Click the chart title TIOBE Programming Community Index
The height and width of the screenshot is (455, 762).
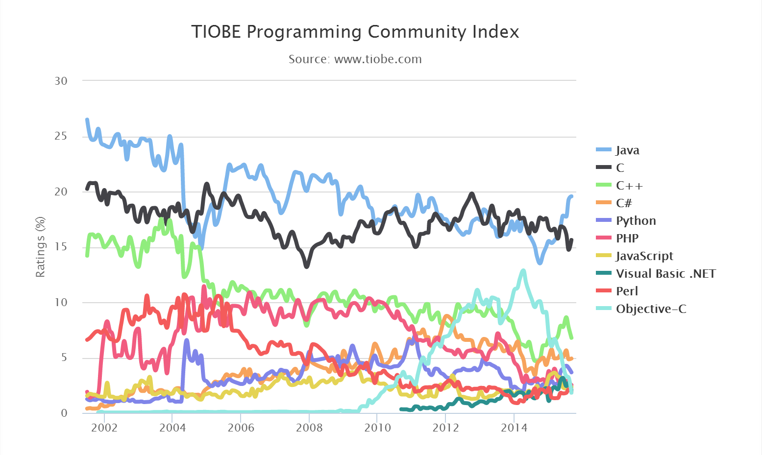355,32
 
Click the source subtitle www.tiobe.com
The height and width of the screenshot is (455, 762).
355,59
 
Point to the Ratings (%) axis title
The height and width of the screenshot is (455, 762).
40,247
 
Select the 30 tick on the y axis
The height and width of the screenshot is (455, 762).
61,81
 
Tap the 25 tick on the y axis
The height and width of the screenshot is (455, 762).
61,136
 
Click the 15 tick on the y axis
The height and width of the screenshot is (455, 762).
61,247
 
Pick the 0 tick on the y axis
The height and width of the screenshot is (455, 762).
64,413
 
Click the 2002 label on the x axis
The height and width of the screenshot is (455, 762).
104,428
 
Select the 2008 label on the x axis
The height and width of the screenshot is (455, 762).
309,428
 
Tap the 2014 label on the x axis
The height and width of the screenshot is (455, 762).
514,428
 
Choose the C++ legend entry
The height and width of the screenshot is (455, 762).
629,186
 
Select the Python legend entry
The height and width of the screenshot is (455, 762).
636,221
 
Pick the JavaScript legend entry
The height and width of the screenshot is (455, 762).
644,256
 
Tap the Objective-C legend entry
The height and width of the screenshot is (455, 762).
651,309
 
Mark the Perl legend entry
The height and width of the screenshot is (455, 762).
627,291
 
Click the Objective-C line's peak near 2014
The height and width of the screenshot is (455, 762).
523,270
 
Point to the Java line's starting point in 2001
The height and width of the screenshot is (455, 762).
87,120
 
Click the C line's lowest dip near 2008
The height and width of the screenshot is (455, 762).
307,266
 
